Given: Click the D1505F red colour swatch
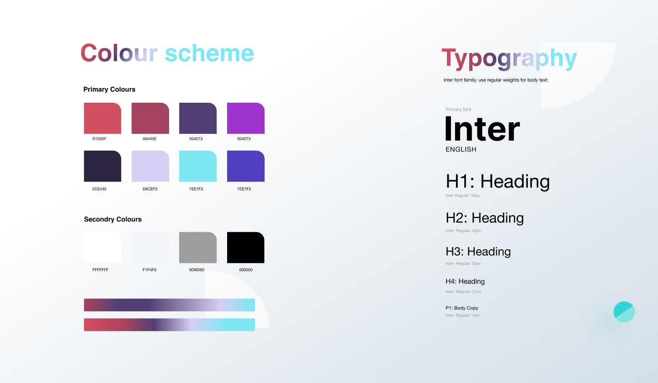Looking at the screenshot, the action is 102,118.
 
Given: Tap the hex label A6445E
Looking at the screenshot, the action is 149,139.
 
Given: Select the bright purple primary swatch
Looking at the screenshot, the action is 246,118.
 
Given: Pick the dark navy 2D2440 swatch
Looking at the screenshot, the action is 102,166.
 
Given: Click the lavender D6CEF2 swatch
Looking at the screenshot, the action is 150,166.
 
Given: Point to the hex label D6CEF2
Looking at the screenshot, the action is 150,189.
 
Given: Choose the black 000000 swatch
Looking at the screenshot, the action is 246,247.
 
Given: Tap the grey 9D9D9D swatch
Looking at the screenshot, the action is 198,247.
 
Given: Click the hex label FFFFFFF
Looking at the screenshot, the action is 101,270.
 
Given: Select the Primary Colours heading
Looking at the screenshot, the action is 109,89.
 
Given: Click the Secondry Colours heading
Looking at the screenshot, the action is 113,219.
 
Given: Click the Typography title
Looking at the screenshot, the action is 509,59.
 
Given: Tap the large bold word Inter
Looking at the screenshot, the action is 483,129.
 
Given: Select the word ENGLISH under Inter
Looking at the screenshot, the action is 461,149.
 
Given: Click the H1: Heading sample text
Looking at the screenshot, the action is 498,182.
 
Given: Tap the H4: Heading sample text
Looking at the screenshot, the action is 465,282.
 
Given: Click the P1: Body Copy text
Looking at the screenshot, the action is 462,308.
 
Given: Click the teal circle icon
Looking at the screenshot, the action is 624,312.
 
